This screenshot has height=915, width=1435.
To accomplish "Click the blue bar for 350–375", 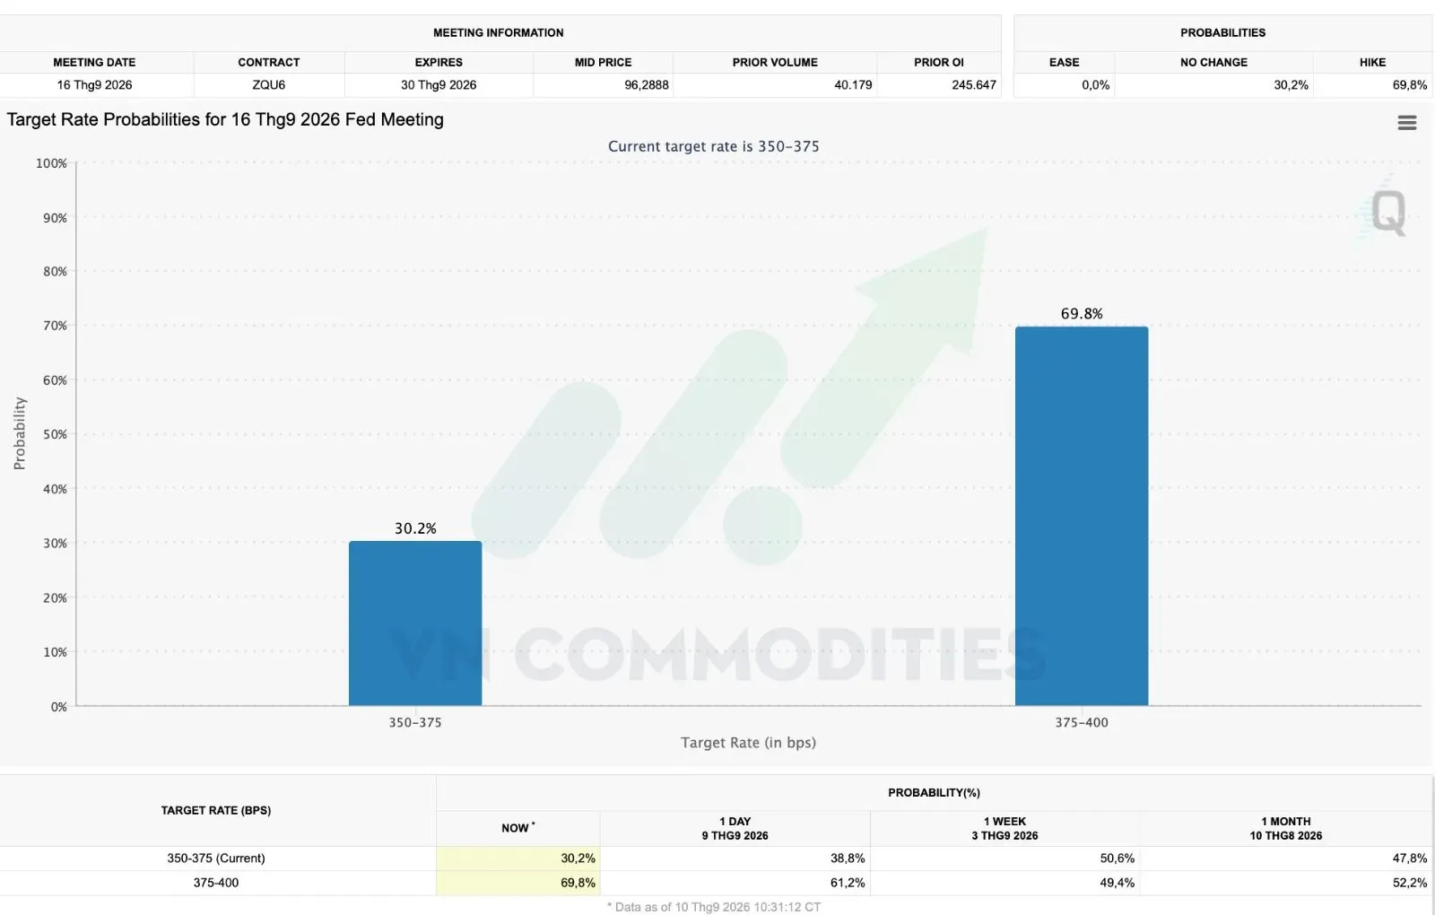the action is (x=415, y=623).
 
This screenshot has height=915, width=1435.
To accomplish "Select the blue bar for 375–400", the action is (x=1082, y=516).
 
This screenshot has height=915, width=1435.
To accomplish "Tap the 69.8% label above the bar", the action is (x=1082, y=313).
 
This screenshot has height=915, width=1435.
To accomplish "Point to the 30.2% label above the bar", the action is (x=415, y=528).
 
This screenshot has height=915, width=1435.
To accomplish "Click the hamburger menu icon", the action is (x=1407, y=122).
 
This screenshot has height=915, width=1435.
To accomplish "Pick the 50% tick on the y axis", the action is (x=55, y=434).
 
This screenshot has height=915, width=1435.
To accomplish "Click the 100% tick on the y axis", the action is (x=51, y=162).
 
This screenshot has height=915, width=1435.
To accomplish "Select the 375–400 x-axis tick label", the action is (x=1082, y=722).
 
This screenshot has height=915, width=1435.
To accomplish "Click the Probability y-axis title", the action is (x=19, y=433).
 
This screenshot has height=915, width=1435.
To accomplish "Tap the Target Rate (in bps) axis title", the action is (x=748, y=742).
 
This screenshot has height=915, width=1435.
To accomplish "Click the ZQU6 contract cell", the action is (x=268, y=84).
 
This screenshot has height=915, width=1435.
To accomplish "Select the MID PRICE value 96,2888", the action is (x=647, y=84).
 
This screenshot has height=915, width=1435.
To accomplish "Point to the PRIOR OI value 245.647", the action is (x=974, y=84).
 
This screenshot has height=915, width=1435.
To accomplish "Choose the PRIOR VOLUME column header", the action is (x=775, y=62).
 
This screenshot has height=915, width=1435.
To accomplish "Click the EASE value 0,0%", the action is (x=1095, y=84).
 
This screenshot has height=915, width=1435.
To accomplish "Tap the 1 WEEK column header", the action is (x=1004, y=821).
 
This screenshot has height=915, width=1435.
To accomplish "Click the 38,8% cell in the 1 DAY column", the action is (x=848, y=858).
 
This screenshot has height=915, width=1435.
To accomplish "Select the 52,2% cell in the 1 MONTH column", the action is (x=1409, y=883).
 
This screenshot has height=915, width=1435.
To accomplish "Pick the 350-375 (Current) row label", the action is (x=216, y=858).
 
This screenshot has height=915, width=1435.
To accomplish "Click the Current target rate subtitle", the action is (x=714, y=146).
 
